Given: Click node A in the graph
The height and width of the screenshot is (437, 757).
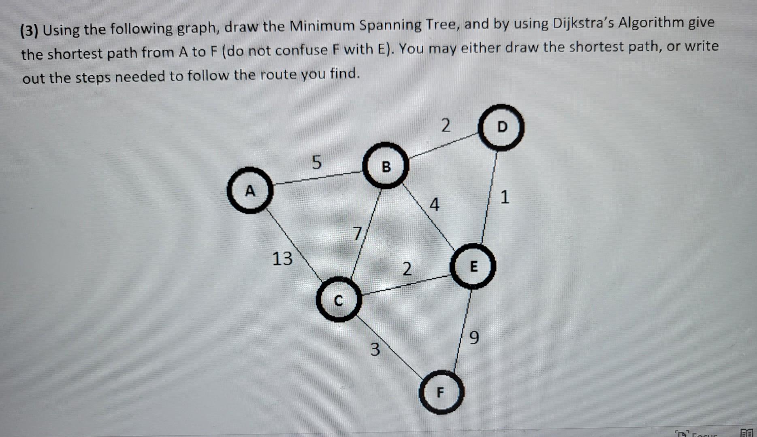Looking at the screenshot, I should (250, 190).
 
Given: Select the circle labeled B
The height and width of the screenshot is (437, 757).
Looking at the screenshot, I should (386, 166).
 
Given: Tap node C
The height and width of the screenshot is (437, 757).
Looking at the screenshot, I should (338, 300).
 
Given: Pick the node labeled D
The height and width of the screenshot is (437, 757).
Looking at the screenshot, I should (502, 127).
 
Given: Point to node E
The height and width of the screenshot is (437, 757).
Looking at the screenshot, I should (473, 266).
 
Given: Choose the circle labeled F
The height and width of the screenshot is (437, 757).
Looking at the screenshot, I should (441, 392).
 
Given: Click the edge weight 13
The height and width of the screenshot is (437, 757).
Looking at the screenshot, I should (282, 259).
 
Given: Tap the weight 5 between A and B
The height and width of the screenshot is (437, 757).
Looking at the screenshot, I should (316, 163).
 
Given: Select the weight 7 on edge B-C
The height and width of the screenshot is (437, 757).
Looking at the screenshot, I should (357, 233).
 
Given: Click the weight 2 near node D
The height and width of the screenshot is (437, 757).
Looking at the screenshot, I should (445, 125).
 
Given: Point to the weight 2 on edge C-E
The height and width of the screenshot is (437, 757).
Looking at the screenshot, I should (407, 269).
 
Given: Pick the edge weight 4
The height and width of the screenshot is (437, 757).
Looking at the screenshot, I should (434, 205).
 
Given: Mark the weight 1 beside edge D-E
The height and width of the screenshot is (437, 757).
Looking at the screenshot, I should (504, 197).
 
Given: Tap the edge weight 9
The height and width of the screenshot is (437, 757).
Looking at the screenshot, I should (474, 337).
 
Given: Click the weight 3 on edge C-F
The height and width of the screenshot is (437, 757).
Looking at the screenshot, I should (375, 349).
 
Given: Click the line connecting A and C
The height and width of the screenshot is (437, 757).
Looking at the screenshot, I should (294, 245).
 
